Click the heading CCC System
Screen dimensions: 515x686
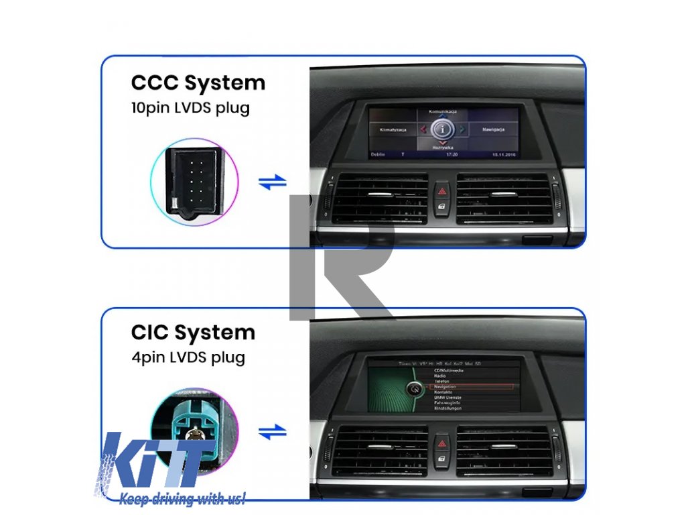[198, 83]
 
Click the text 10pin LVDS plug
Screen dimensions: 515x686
[190, 107]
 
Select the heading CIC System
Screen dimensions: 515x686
[193, 333]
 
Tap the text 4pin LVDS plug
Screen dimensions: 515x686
[188, 357]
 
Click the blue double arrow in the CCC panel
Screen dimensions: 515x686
[272, 182]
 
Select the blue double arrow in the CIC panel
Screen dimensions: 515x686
[272, 433]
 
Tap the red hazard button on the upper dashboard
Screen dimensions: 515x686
[441, 192]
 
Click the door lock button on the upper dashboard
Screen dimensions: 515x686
[441, 208]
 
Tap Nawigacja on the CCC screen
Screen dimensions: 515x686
[492, 129]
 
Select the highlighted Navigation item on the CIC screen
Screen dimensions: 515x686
[445, 386]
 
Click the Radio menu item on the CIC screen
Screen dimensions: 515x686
[441, 376]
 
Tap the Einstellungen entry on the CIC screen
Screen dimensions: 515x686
[449, 408]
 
